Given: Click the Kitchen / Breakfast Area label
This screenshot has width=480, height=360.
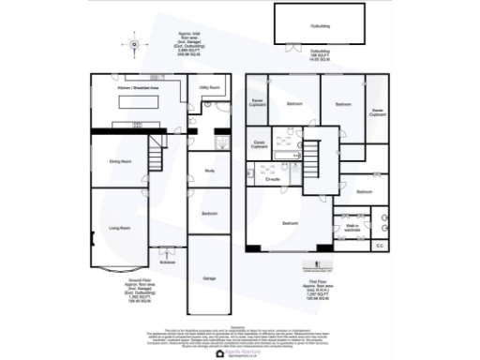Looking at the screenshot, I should tap(138, 87).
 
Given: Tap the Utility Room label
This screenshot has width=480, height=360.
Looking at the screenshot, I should tap(210, 87).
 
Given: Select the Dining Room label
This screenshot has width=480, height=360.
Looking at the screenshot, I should tap(119, 161).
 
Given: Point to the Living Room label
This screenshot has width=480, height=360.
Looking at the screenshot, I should tap(119, 228).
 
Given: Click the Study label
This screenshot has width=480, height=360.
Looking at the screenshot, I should tap(210, 171).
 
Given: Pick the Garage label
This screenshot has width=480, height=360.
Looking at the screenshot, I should tap(210, 278).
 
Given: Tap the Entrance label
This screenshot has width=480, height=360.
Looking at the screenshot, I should tap(168, 262).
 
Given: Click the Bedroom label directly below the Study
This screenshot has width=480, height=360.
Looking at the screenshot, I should tap(210, 214).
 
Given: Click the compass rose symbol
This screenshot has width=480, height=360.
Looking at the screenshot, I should tap(134, 44).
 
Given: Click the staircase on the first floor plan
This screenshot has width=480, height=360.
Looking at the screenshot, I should tap(322, 154).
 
